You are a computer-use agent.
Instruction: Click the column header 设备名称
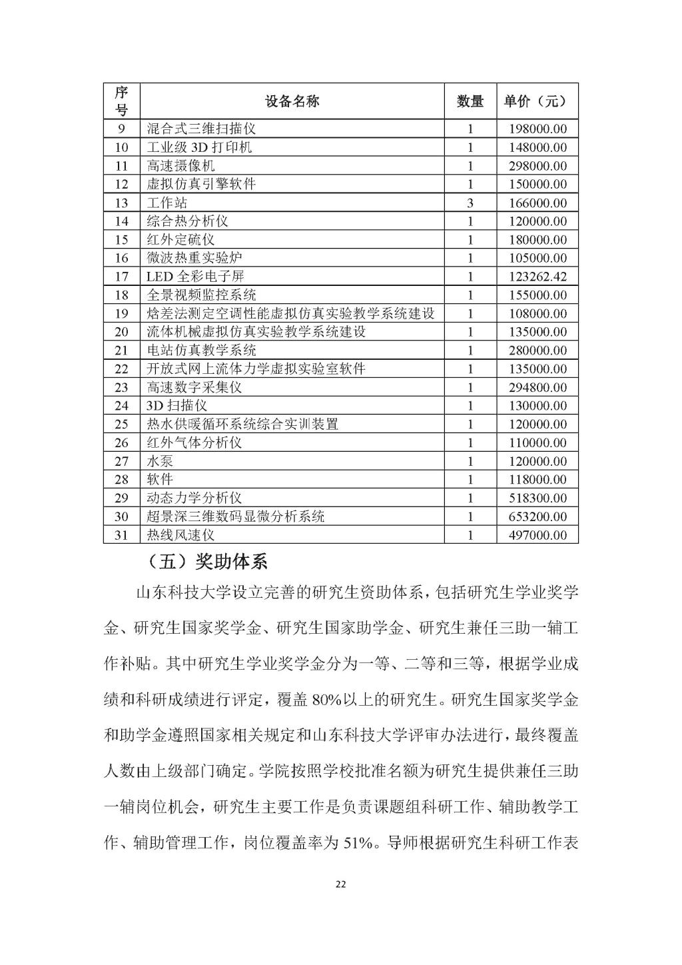tap(292, 101)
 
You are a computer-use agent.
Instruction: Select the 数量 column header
tap(470, 101)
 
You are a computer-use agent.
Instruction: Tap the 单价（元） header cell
tap(536, 101)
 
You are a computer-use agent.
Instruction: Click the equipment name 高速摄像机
tap(181, 166)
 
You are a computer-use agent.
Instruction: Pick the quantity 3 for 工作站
tap(470, 203)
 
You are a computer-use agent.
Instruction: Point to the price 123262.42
tap(537, 277)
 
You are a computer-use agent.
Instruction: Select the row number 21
tap(121, 351)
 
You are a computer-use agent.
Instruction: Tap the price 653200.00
tap(537, 516)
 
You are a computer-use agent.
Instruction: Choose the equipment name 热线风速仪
tap(181, 535)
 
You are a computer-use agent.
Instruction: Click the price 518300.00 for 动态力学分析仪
tap(537, 498)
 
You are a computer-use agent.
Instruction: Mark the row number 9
tap(121, 129)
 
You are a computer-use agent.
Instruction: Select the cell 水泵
tap(161, 461)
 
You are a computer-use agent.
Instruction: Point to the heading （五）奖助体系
tap(206, 562)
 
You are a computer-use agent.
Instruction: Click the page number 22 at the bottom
tap(341, 884)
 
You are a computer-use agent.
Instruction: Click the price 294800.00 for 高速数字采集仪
tap(537, 387)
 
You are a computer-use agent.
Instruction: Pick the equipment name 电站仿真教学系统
tap(202, 351)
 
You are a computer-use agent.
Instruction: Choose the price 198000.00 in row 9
tap(537, 129)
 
